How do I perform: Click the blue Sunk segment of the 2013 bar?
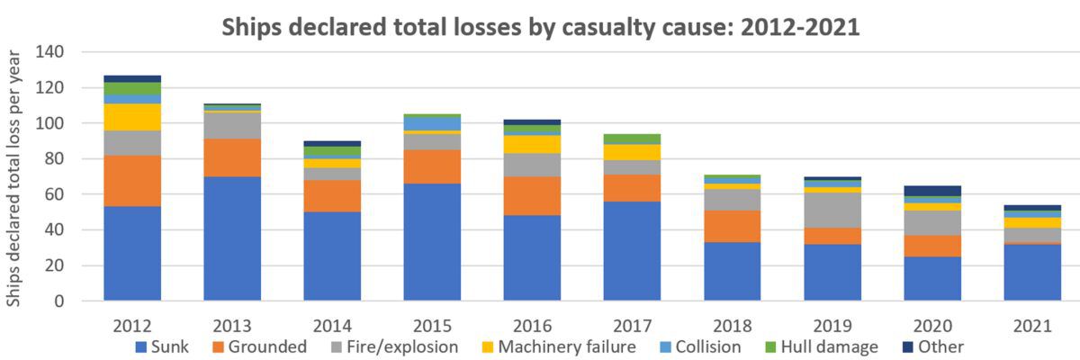[x=233, y=238]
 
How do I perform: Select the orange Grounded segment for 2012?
[x=132, y=181]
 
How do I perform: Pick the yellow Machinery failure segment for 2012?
[x=132, y=117]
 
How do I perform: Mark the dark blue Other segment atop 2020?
[x=932, y=191]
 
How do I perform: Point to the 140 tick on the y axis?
[x=49, y=52]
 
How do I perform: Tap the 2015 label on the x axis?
[x=433, y=325]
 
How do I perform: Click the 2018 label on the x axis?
[x=733, y=325]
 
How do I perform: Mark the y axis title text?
[x=15, y=176]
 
